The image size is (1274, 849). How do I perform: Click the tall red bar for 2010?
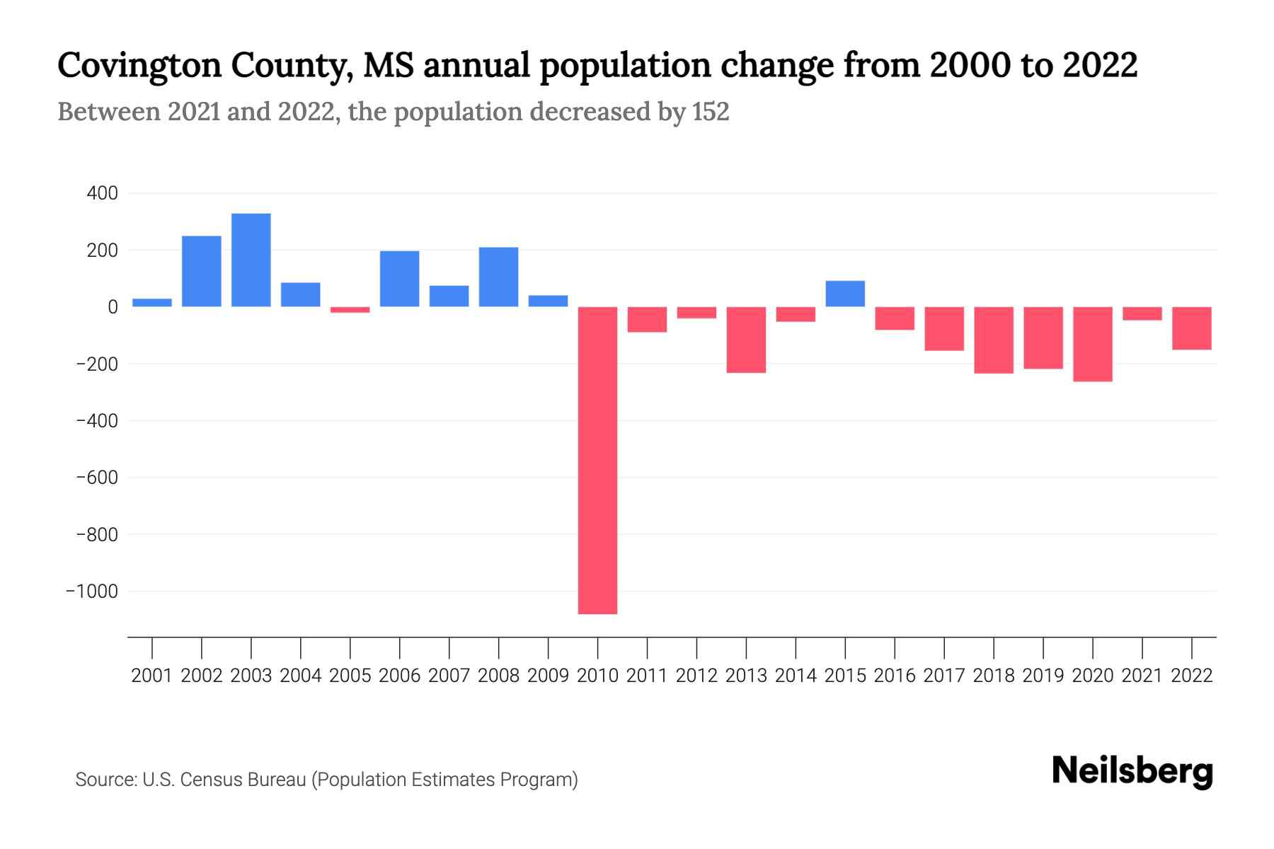click(597, 460)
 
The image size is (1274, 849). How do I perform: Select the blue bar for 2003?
click(251, 260)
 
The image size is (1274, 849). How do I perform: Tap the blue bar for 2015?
click(845, 294)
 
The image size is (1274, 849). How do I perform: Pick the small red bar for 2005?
click(350, 310)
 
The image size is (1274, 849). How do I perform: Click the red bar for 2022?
click(1192, 328)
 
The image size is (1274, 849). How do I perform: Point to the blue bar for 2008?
click(499, 277)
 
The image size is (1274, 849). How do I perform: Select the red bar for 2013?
click(746, 340)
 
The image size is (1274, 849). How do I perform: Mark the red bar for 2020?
click(1093, 344)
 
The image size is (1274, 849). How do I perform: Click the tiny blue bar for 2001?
click(152, 303)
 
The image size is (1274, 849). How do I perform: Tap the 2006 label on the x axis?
click(400, 676)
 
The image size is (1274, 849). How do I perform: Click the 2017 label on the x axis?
click(944, 676)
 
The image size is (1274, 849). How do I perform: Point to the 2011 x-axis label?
click(647, 676)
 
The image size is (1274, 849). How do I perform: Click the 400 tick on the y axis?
click(103, 193)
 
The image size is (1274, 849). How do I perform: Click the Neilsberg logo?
click(1132, 771)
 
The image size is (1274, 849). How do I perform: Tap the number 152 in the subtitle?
click(711, 112)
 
